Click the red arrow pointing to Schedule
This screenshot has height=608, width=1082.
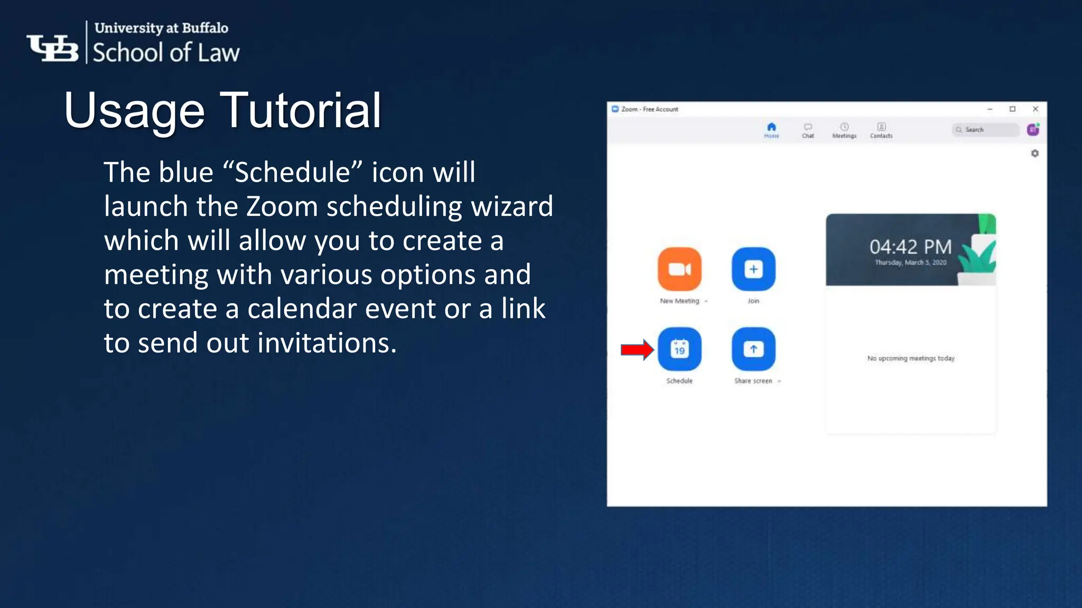637,349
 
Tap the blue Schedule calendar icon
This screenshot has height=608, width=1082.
679,349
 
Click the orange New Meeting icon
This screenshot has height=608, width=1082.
679,269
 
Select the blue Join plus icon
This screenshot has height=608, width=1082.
753,269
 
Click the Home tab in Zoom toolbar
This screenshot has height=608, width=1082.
771,130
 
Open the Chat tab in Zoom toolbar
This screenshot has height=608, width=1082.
808,130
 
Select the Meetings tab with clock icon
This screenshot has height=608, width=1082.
844,130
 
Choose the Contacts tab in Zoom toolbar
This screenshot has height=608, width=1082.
881,130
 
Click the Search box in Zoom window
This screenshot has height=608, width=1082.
986,130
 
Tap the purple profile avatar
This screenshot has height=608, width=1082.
1033,130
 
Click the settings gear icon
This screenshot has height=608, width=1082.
1034,154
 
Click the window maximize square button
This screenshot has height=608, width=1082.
1012,109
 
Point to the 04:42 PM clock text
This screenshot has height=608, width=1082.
910,246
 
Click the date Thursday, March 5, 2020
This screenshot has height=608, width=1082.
910,262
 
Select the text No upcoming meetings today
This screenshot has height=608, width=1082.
911,358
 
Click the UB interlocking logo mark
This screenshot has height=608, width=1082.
53,48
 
